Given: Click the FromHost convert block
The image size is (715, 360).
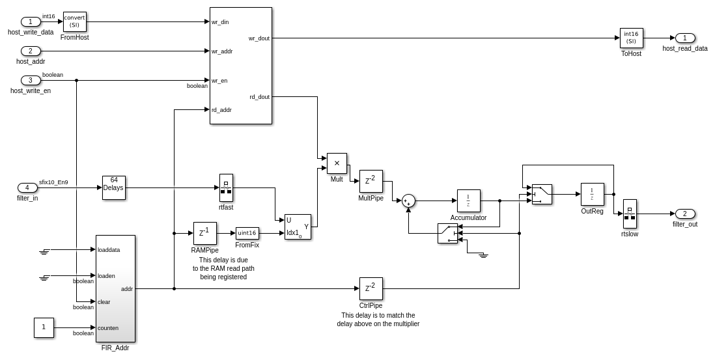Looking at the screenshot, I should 74,21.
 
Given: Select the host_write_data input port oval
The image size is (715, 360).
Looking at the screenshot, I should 31,22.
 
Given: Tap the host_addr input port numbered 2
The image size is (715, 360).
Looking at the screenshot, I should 31,51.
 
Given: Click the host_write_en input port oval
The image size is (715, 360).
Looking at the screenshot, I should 31,81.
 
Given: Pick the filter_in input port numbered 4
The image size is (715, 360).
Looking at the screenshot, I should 27,187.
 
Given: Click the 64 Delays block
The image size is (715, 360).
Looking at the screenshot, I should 114,187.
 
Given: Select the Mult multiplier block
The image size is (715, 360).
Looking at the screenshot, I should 337,163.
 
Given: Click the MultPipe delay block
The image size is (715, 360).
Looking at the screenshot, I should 371,181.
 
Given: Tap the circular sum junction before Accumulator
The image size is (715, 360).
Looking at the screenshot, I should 408,201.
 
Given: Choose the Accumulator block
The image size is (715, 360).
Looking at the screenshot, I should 468,201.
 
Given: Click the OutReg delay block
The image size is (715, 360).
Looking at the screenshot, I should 592,194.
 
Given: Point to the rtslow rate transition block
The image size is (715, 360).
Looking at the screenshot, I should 630,214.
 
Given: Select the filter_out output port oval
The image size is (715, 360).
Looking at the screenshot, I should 685,214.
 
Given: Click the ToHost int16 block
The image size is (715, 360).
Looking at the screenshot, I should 631,38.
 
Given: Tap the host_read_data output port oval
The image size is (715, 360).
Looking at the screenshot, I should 685,38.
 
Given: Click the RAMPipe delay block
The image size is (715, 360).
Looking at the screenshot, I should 204,233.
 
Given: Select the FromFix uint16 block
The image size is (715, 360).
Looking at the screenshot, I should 247,233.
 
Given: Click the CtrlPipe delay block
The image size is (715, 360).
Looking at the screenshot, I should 371,288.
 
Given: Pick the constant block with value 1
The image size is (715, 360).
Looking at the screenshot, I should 44,327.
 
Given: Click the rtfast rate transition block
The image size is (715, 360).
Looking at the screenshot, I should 226,187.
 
